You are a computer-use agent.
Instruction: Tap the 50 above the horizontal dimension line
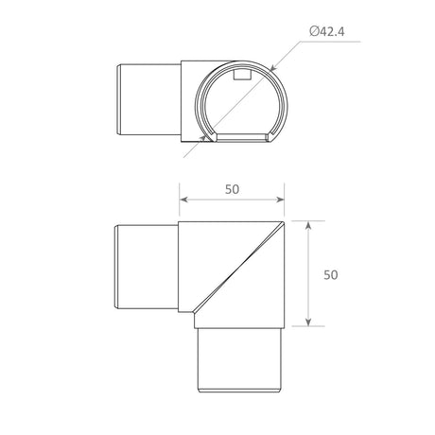pos(233,188)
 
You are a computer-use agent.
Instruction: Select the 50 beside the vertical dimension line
pos(331,274)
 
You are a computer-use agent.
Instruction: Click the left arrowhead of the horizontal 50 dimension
pos(183,200)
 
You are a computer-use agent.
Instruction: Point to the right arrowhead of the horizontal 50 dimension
pos(282,200)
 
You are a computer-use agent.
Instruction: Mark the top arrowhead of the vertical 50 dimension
pos(308,226)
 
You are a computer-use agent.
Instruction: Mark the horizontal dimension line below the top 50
pos(233,200)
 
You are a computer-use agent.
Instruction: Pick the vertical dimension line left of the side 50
pos(308,274)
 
